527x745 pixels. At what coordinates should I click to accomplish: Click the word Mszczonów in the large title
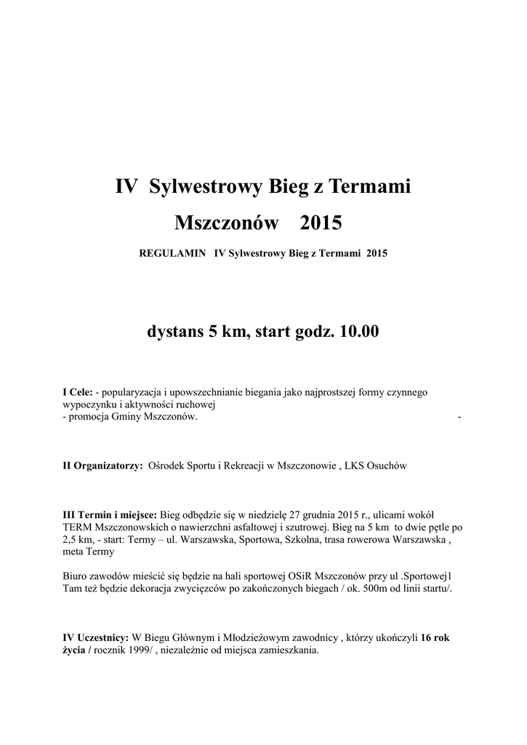(x=227, y=222)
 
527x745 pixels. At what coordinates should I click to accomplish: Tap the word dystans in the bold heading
(x=174, y=332)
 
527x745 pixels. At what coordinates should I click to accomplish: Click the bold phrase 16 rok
(x=435, y=639)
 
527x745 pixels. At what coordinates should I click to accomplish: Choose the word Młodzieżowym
(x=222, y=639)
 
